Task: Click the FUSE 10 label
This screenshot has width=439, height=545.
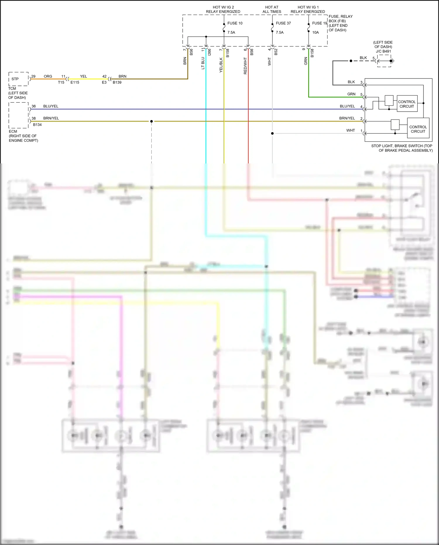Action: (x=235, y=23)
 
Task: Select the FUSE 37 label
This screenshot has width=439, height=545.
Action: (x=283, y=23)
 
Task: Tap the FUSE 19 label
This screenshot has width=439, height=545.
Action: (x=319, y=23)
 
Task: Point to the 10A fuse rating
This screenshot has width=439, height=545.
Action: (x=315, y=33)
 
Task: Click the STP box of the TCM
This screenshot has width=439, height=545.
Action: (x=15, y=79)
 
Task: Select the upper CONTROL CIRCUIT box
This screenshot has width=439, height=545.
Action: (x=407, y=104)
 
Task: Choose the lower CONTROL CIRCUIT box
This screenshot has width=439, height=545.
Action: (x=418, y=129)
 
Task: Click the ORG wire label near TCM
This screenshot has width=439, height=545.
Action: (x=48, y=76)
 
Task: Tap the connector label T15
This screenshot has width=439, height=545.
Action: (x=61, y=83)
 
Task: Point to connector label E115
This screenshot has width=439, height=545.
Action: (x=75, y=83)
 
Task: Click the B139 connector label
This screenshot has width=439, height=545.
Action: (x=117, y=83)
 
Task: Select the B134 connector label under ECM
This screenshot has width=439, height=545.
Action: (x=37, y=125)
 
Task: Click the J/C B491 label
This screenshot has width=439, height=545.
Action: (x=383, y=51)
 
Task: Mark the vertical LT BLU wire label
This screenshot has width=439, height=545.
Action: (x=203, y=63)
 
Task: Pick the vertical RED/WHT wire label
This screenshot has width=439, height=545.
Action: (x=245, y=66)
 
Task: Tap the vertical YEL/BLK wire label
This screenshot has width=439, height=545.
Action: (x=221, y=65)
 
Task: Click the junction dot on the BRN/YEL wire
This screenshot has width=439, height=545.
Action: (x=151, y=121)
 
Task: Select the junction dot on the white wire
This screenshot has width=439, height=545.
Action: (x=272, y=134)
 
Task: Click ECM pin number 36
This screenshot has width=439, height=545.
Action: (x=34, y=106)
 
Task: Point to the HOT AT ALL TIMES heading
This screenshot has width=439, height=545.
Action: (x=272, y=9)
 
